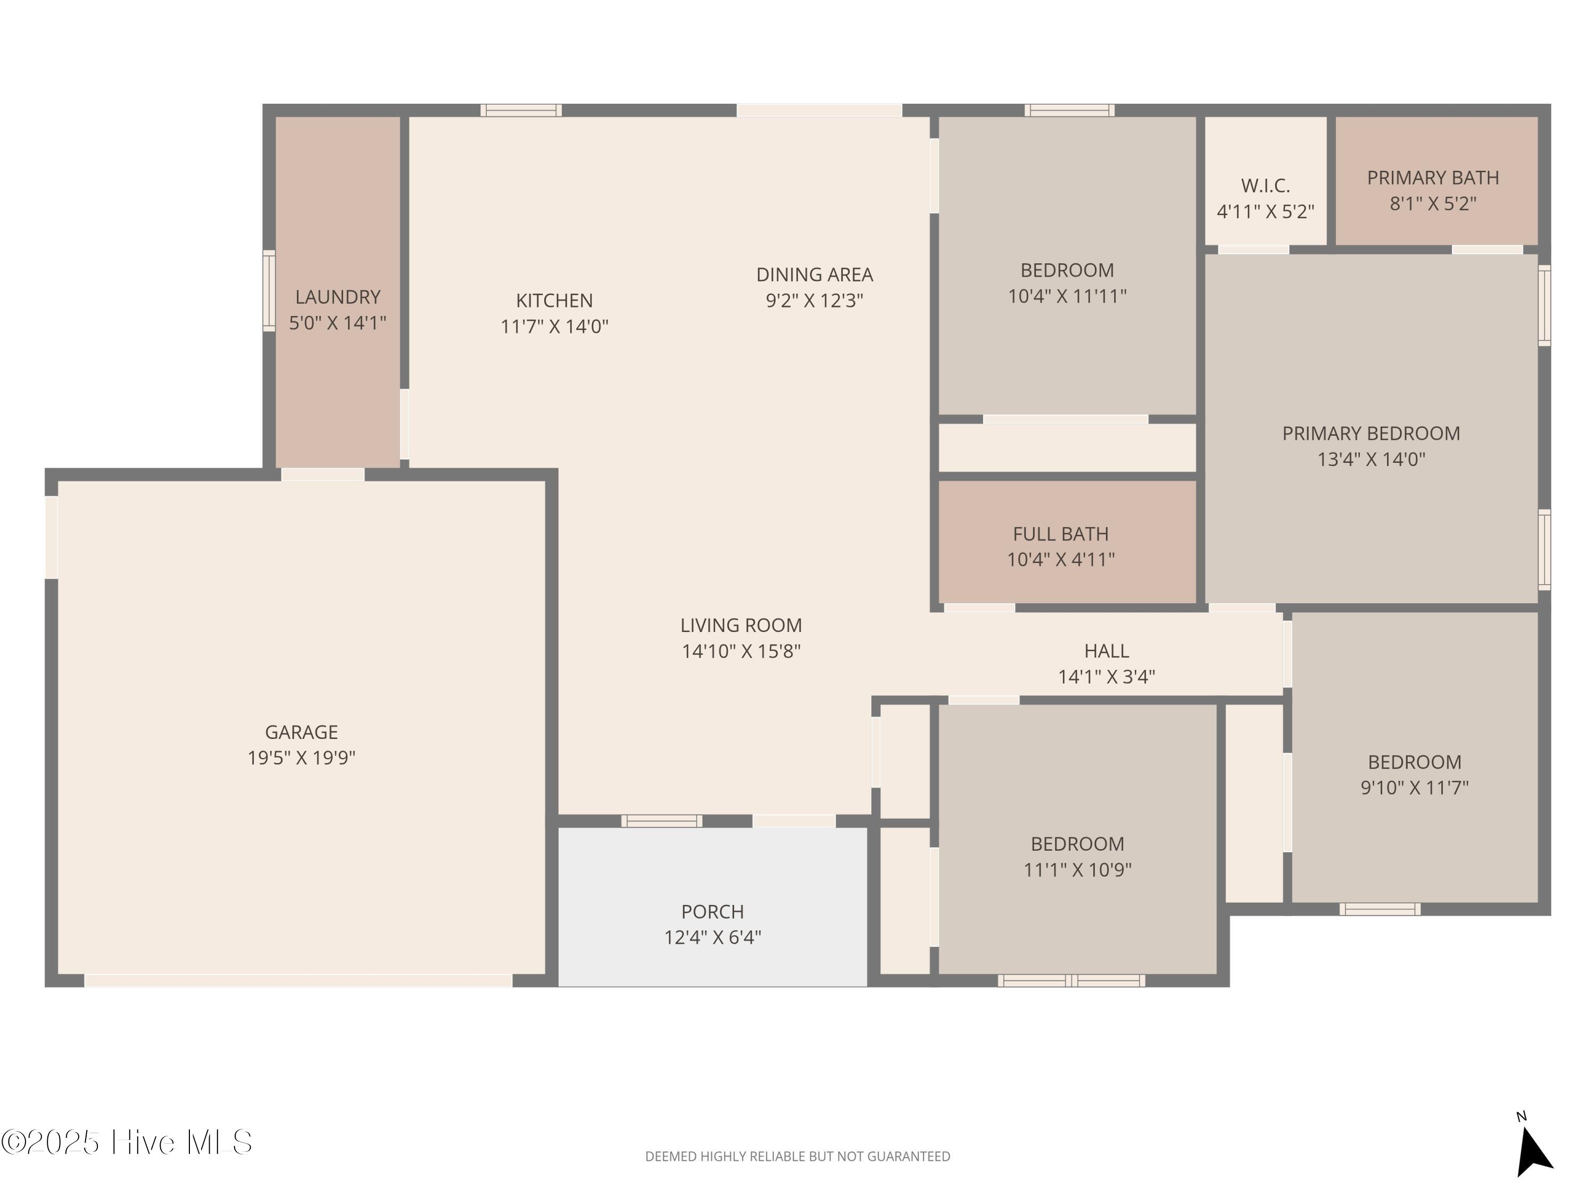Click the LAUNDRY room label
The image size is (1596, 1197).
(338, 296)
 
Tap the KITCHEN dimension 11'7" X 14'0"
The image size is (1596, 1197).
(554, 326)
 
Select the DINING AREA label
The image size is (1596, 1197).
(814, 274)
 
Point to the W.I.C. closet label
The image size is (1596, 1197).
(1266, 186)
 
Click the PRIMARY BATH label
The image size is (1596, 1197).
(1433, 178)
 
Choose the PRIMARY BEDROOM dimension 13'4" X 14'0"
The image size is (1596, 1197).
(1371, 459)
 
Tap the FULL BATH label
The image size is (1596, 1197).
(1061, 534)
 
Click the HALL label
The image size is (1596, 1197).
(1106, 651)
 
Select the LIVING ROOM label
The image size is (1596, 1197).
(741, 625)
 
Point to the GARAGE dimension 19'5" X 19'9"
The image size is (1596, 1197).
(302, 758)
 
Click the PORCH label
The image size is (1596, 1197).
(712, 911)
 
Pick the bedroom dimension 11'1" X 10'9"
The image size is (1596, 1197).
(1077, 869)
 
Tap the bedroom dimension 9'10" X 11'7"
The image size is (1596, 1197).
(1414, 787)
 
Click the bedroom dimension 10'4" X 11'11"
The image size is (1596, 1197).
(1067, 296)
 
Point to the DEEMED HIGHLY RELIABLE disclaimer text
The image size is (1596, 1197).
(797, 1157)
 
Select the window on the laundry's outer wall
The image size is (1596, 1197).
(269, 291)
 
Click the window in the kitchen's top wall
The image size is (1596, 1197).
(521, 111)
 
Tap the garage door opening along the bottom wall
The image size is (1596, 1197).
(298, 980)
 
